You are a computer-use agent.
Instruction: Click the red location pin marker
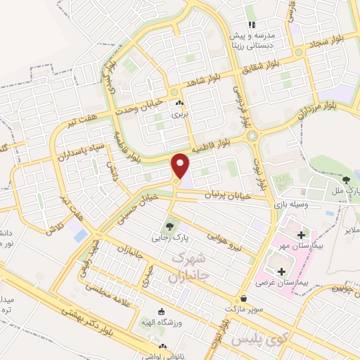[x=181, y=166]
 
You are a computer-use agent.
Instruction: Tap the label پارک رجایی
[x=168, y=238]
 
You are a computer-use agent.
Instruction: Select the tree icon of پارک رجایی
[x=168, y=226]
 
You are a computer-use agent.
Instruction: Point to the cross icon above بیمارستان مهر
[x=302, y=235]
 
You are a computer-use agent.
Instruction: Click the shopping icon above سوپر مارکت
[x=243, y=298]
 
